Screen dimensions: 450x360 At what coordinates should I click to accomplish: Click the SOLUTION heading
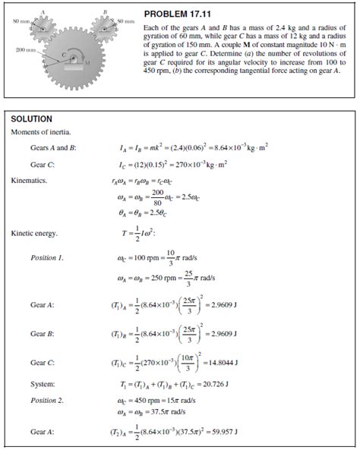(x=31, y=119)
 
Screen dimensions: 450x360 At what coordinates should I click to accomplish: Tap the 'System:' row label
(x=43, y=384)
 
